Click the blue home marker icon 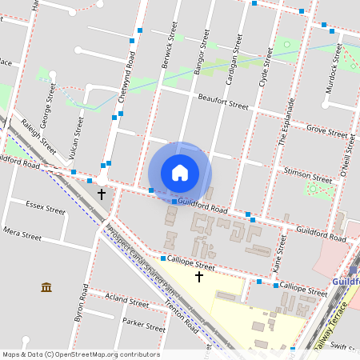point(180,173)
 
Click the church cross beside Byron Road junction point(102,194)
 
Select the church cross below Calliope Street point(199,277)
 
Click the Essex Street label point(45,210)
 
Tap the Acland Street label point(127,303)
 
